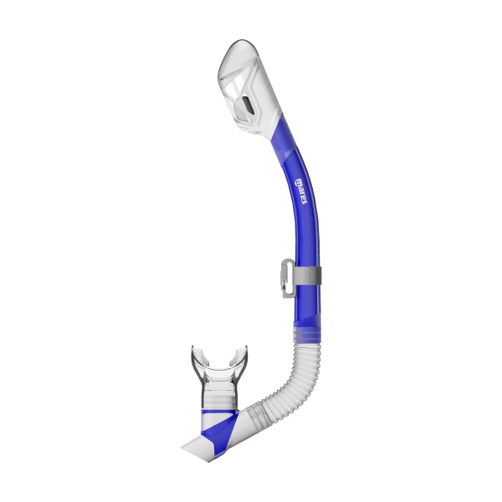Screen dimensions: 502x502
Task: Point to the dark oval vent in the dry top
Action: pos(248,105)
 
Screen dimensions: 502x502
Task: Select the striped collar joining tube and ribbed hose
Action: pos(307,335)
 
